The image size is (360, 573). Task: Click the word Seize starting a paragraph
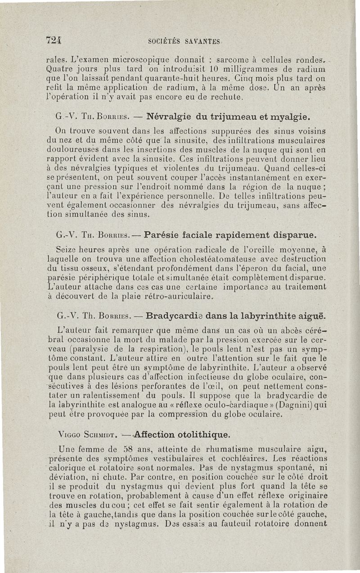[x=65, y=249]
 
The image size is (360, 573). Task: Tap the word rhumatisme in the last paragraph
[x=227, y=449]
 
